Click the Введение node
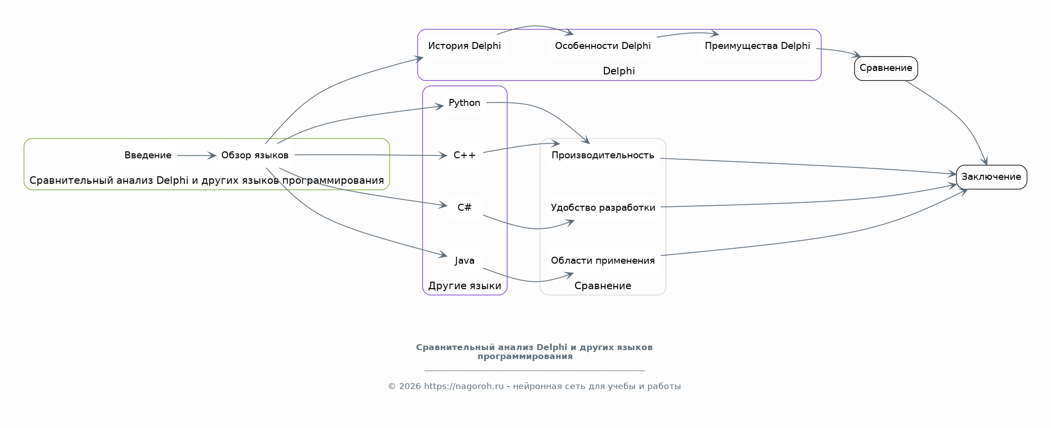pyautogui.click(x=148, y=155)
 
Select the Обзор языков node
pyautogui.click(x=255, y=155)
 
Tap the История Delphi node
pyautogui.click(x=464, y=46)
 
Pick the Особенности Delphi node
pyautogui.click(x=602, y=46)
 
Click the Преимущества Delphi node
pyautogui.click(x=757, y=46)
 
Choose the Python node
pyautogui.click(x=464, y=103)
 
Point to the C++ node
pyautogui.click(x=464, y=155)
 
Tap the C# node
pyautogui.click(x=464, y=207)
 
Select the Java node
pyautogui.click(x=464, y=260)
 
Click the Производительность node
pyautogui.click(x=602, y=155)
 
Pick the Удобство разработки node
pyautogui.click(x=602, y=207)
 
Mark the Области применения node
pyautogui.click(x=602, y=260)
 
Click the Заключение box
pyautogui.click(x=991, y=177)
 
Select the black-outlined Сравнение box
pyautogui.click(x=886, y=68)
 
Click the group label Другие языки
pyautogui.click(x=465, y=286)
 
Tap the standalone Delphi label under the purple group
pyautogui.click(x=619, y=71)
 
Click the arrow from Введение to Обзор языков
pyautogui.click(x=196, y=156)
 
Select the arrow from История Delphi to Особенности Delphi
pyautogui.click(x=534, y=26)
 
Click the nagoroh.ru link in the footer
pyautogui.click(x=464, y=386)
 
